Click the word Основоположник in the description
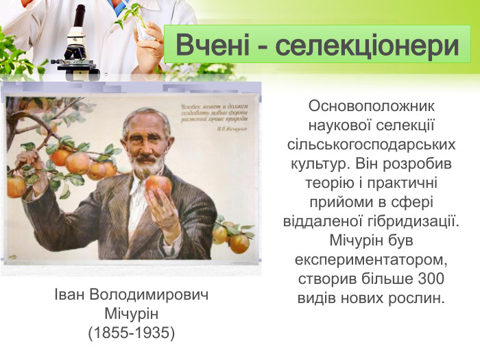(x=372, y=107)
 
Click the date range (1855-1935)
(x=132, y=333)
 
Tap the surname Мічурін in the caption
(x=132, y=314)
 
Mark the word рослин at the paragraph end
(x=419, y=299)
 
